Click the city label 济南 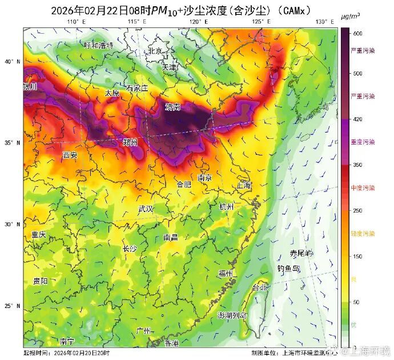coord(173,107)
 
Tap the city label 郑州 coord(130,142)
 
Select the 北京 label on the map coord(155,51)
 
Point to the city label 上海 coord(243,185)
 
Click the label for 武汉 coord(146,209)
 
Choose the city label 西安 coord(70,155)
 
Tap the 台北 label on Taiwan coord(260,287)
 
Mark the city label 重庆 coord(39,235)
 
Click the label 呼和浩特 coord(99,45)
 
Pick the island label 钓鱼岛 coord(288,268)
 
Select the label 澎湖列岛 coord(232,315)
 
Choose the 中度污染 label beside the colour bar coord(363,188)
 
